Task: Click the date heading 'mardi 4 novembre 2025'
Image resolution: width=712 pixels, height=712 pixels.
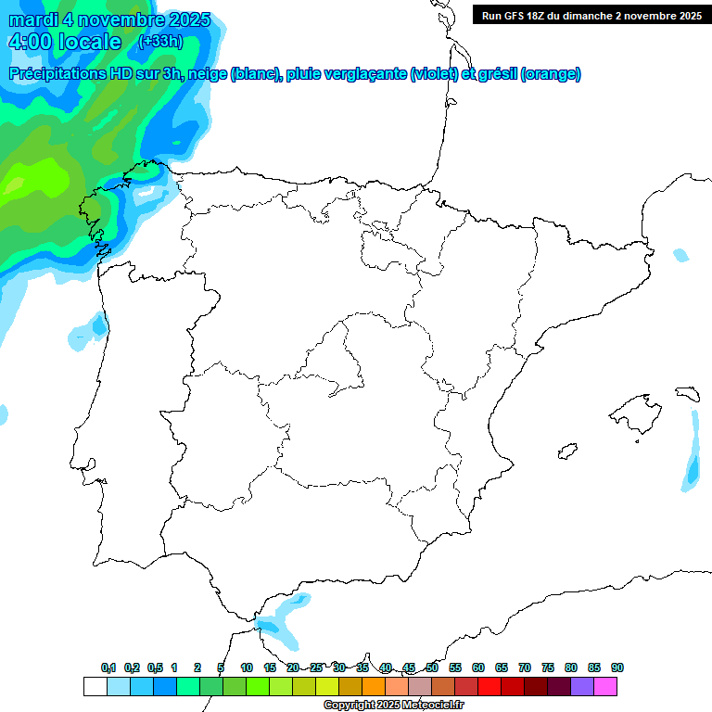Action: point(109,20)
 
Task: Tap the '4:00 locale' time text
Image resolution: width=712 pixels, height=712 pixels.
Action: point(65,42)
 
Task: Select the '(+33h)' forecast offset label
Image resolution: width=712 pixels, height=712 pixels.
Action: point(160,41)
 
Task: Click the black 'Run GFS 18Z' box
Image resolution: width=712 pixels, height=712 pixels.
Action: point(591,15)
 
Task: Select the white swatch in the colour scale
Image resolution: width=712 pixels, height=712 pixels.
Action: point(95,686)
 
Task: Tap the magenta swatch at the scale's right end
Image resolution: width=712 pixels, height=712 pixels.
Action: point(605,686)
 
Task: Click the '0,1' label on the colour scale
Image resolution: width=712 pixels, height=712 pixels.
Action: point(108,667)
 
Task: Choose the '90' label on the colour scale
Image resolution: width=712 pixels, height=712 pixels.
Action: point(617,667)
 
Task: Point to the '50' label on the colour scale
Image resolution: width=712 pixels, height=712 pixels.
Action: point(432,667)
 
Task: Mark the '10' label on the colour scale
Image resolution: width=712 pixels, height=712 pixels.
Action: point(247,667)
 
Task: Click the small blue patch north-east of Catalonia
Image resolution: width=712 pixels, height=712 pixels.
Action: point(681,255)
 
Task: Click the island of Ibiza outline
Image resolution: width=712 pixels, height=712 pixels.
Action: point(566,451)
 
